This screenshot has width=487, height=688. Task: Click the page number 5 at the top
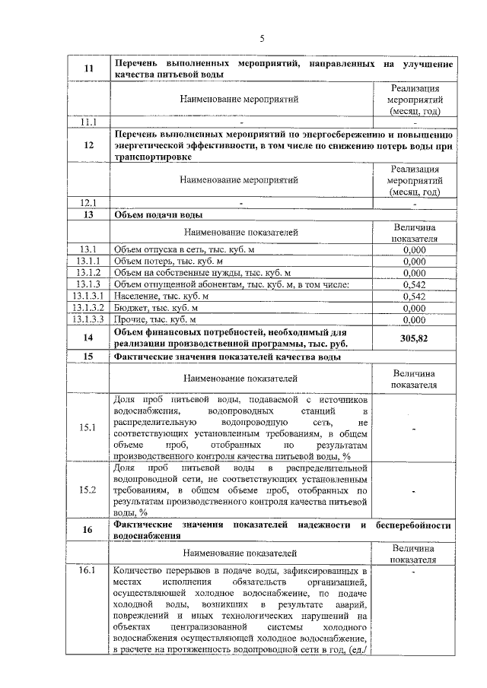coord(261,38)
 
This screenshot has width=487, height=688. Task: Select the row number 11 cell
coord(88,70)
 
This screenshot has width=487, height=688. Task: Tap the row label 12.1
coord(88,202)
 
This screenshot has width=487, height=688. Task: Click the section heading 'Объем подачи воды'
coord(158,214)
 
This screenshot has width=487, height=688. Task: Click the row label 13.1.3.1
coord(88,296)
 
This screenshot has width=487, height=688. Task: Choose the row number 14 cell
coord(88,338)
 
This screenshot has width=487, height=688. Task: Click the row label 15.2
coord(88,490)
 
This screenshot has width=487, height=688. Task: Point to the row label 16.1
coord(88,570)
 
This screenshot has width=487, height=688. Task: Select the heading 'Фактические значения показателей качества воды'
coord(227,356)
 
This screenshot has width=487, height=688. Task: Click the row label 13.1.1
coord(88,261)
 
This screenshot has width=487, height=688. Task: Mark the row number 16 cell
coord(88,530)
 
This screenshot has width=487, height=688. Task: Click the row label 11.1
coord(88,122)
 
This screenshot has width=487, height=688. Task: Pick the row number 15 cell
coord(88,356)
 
